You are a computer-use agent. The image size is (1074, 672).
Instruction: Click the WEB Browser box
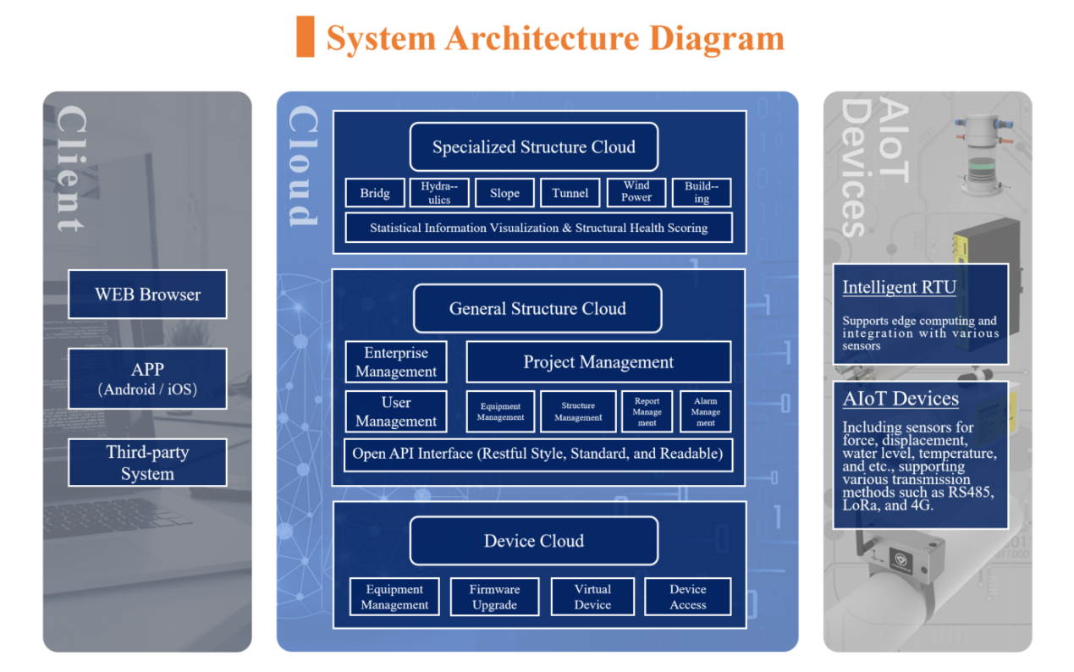[x=147, y=295]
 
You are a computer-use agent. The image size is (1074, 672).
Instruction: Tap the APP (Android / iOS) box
[x=147, y=378]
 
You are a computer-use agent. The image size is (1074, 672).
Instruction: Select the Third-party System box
[x=147, y=462]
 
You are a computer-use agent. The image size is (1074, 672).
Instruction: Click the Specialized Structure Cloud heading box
[x=534, y=147]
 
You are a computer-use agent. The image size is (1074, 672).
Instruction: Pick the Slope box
[x=504, y=193]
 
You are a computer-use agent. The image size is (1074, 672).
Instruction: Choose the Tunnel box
[x=570, y=193]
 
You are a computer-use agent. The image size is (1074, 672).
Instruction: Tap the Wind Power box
[x=636, y=192]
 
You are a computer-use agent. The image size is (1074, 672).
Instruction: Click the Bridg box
[x=375, y=193]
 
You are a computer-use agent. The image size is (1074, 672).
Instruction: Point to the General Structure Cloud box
[x=537, y=309]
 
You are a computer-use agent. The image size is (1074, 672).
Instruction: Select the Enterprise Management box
[x=396, y=362]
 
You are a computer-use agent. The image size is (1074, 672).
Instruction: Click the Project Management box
[x=598, y=362]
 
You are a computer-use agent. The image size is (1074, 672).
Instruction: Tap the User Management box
[x=396, y=411]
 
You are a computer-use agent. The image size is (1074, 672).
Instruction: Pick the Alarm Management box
[x=705, y=411]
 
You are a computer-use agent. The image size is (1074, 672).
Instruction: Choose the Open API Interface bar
[x=538, y=454]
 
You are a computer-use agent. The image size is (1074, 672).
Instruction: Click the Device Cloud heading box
[x=534, y=541]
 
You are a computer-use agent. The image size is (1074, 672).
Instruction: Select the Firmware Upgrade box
[x=494, y=597]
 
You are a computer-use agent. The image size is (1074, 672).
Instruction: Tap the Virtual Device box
[x=592, y=597]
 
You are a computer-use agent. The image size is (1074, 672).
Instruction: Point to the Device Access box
[x=688, y=597]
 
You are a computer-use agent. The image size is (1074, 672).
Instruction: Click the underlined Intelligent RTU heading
[x=899, y=287]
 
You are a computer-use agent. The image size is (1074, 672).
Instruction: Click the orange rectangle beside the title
[x=305, y=37]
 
